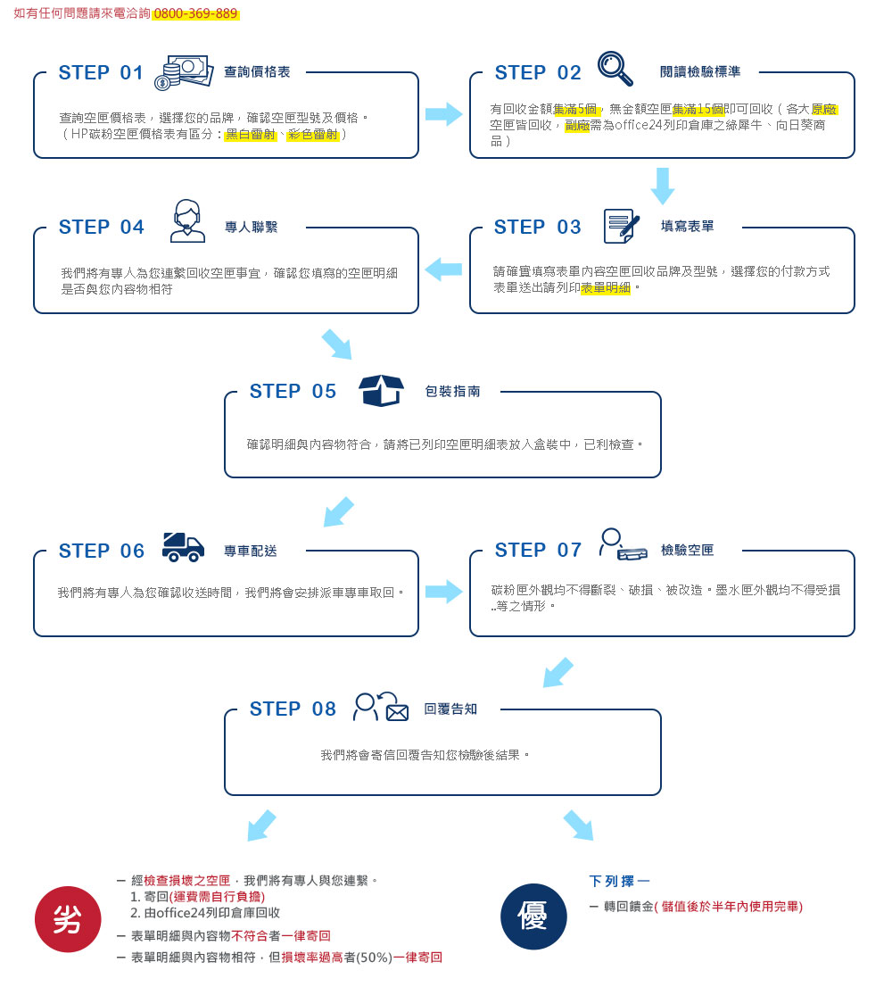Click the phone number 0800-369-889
coord(195,13)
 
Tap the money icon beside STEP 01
coord(184,72)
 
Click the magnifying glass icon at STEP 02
coord(615,68)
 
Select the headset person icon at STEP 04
coord(187,221)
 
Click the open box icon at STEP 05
coord(381,391)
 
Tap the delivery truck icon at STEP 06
coord(183,547)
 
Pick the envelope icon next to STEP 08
coord(397,712)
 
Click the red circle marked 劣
coord(68,919)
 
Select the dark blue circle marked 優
coord(533,916)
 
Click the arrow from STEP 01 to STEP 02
coord(444,114)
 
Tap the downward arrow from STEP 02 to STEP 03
coord(663,186)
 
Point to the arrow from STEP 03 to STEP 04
coord(443,270)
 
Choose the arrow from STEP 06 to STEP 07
coord(444,592)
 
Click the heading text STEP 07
coord(538,550)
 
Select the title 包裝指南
coord(453,392)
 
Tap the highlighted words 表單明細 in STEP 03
coord(605,287)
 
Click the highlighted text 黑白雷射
coord(251,134)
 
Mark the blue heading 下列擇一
coord(619,882)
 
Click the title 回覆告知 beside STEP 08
coord(450,709)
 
